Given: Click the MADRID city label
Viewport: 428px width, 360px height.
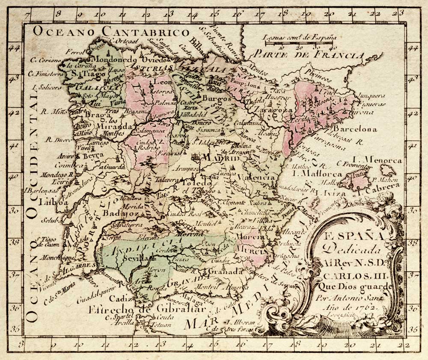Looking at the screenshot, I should click(x=221, y=158).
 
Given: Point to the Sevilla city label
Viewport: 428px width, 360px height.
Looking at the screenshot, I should click(x=134, y=259).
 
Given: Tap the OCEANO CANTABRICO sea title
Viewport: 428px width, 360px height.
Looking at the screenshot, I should click(x=111, y=32).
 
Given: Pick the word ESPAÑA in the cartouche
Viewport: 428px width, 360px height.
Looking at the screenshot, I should click(x=353, y=236).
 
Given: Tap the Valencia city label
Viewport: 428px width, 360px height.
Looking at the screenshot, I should click(x=258, y=177).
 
